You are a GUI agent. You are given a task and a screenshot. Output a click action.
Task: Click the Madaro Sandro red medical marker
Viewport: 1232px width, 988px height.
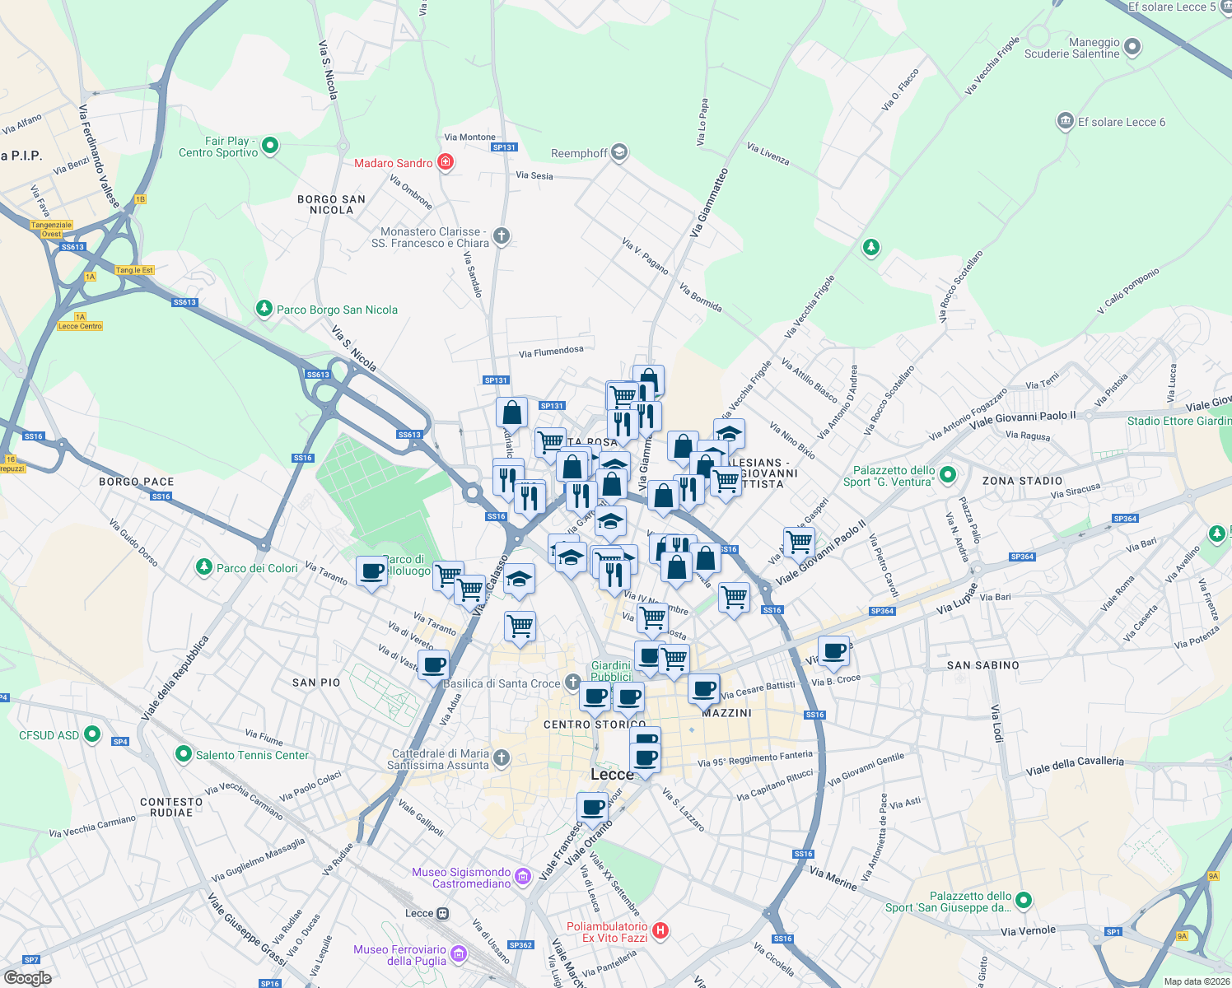[x=446, y=162]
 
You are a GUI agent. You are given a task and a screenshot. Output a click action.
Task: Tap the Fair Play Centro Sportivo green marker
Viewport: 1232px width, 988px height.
[x=270, y=147]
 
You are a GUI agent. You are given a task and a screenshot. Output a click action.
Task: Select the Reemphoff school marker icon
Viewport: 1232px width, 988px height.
[x=619, y=152]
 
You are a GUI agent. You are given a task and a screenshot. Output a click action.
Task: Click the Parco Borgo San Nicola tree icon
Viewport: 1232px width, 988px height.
[x=264, y=309]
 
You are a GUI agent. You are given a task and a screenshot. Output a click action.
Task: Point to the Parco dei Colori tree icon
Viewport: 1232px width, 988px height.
[x=203, y=567]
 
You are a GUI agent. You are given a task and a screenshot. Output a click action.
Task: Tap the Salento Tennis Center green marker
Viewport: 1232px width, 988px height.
[x=184, y=754]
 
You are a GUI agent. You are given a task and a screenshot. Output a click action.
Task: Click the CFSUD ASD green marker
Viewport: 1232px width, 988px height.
[x=92, y=734]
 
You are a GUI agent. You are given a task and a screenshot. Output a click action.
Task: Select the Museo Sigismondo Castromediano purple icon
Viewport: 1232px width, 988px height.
[x=523, y=877]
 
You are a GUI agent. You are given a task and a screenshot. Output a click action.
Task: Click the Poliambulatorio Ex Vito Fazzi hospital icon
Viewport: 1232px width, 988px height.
[x=660, y=931]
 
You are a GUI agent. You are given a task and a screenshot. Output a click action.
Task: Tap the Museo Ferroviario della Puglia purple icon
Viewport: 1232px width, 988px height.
[x=458, y=955]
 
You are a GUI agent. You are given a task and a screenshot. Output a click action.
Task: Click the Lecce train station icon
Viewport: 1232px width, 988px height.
[x=443, y=913]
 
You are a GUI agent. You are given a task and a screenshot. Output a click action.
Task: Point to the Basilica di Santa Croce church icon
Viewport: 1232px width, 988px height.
[x=572, y=683]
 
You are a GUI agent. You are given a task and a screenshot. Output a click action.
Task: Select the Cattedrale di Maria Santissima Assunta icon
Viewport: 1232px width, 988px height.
[x=502, y=758]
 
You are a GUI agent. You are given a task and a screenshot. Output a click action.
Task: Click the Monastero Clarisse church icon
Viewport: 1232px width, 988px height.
[x=501, y=237]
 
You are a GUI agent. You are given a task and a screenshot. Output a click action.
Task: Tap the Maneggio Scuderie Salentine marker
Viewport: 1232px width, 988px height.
[x=1132, y=47]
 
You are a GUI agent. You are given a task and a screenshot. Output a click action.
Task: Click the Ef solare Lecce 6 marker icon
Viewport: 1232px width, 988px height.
[x=1066, y=122]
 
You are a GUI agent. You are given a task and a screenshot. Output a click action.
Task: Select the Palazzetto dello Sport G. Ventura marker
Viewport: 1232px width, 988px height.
[x=948, y=474]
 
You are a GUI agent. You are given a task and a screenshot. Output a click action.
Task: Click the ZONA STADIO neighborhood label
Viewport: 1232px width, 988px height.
[x=1022, y=481]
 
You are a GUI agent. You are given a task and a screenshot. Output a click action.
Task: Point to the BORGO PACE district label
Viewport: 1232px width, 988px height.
[x=137, y=482]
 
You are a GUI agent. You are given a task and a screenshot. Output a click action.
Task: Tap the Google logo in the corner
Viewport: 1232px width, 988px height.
[x=27, y=978]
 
